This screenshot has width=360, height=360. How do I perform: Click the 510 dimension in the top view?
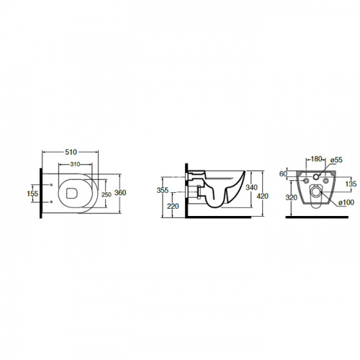click(x=71, y=152)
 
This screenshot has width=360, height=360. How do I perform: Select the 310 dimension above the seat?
click(x=75, y=164)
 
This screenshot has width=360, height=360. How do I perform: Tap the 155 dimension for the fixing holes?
click(x=32, y=194)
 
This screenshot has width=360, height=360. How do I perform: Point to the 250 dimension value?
click(x=107, y=194)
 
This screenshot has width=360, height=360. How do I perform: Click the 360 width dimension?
click(x=120, y=193)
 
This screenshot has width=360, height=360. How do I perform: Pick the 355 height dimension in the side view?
click(x=163, y=190)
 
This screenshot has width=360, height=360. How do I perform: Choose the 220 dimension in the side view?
click(x=173, y=206)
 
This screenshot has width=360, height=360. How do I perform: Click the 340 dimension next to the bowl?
click(x=251, y=187)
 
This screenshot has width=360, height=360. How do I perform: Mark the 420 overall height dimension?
click(x=263, y=196)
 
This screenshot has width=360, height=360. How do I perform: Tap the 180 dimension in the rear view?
click(x=316, y=159)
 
